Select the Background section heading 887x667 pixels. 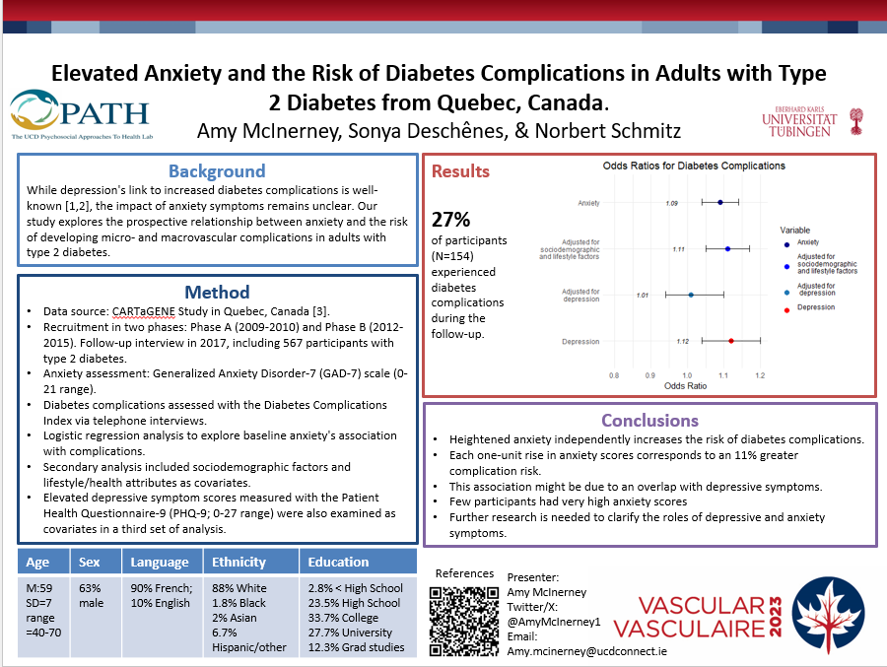[x=216, y=171]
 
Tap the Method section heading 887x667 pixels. [x=217, y=292]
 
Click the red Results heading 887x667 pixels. [x=460, y=171]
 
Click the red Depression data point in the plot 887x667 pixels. [x=731, y=341]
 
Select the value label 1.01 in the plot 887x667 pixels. [x=643, y=295]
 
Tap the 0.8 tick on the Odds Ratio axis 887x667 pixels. [x=614, y=375]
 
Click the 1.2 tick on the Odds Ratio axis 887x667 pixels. [x=760, y=375]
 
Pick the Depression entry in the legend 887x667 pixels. [x=816, y=308]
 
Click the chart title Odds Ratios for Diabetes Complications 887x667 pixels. [x=694, y=166]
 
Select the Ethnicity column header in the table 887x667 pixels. [x=239, y=562]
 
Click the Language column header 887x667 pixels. [x=159, y=562]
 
